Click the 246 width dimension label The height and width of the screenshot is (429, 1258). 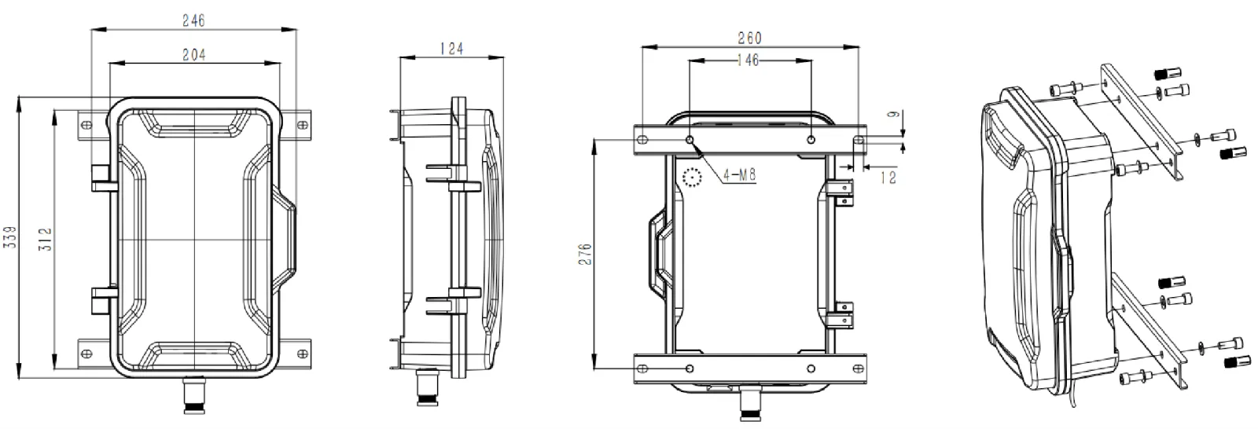193,21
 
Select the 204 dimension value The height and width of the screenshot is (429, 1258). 193,54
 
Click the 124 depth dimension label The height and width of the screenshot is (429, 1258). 451,49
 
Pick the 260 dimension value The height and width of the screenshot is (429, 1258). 750,38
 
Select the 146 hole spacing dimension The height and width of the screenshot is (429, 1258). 748,60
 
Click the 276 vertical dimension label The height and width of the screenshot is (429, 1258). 584,255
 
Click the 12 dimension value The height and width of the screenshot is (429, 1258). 888,178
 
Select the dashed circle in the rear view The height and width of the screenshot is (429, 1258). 692,178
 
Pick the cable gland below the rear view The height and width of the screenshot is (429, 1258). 752,405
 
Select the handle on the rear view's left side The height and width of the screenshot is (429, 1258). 657,250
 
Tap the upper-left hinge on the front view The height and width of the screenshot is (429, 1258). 101,178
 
